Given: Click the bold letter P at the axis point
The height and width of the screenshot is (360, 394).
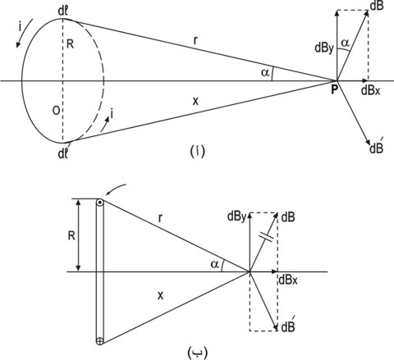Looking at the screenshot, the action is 334,89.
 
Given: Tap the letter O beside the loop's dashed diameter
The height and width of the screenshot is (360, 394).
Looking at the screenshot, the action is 56,111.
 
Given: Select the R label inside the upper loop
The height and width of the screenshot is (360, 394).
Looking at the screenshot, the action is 71,43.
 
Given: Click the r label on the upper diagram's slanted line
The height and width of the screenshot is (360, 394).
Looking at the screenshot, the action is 195,40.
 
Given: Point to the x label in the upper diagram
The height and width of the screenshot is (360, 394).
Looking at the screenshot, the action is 195,102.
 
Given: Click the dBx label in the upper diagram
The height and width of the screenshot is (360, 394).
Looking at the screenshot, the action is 371,90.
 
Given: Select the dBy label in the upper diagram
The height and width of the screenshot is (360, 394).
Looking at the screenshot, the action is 324,48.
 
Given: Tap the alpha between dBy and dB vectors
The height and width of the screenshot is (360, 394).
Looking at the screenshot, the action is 346,43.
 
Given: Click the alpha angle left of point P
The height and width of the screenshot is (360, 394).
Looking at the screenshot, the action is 265,72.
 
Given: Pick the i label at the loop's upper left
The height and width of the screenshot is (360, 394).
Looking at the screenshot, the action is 21,28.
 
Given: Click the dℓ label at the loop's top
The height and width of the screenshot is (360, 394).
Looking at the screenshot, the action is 62,13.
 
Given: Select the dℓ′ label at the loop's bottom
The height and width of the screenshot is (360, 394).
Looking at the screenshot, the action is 63,153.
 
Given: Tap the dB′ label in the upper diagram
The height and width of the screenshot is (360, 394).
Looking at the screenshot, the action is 377,148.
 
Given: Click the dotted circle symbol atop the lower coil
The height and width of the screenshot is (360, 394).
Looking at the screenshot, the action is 100,203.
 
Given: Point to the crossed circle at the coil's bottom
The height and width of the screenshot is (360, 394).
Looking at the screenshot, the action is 100,341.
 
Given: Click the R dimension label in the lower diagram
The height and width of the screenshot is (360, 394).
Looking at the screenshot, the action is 71,235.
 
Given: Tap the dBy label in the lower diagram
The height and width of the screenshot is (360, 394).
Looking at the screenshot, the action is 237,217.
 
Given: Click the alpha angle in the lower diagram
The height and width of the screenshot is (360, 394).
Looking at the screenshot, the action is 215,265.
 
